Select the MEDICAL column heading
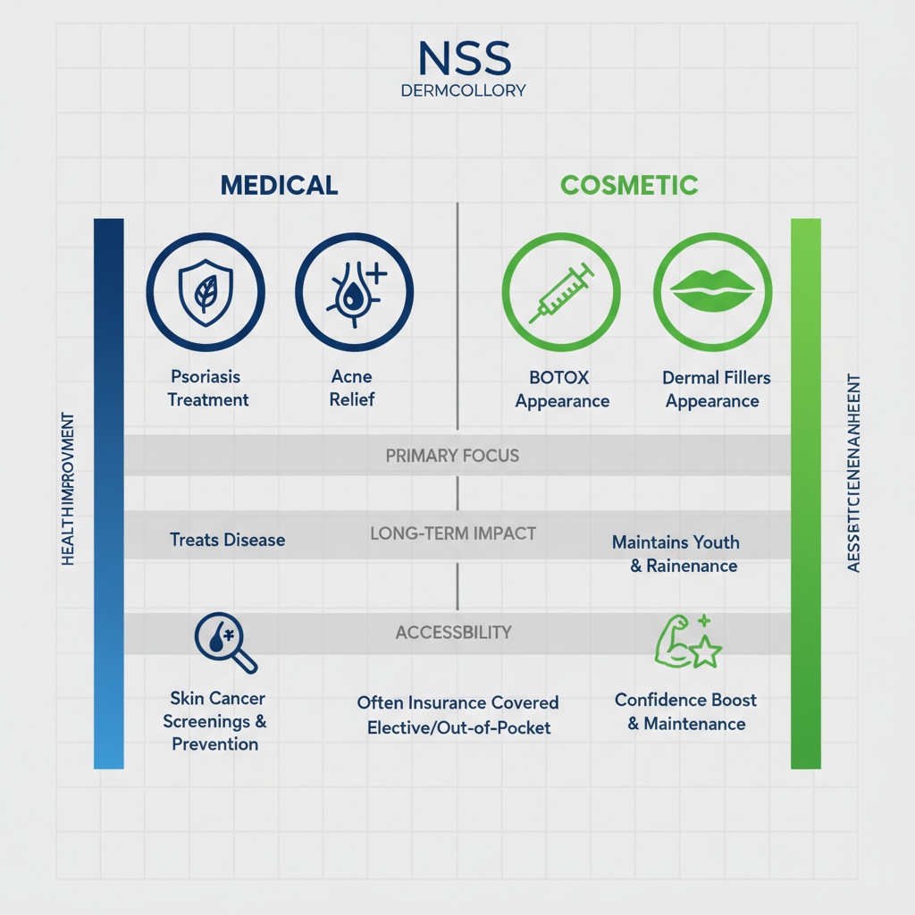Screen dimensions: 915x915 [279, 185]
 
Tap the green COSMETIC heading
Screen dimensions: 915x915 [629, 185]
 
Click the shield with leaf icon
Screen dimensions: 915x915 [206, 293]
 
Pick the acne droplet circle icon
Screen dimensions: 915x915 [355, 293]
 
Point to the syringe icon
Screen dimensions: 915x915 [561, 293]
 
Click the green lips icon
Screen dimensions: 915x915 [712, 293]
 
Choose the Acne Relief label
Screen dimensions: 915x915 [352, 388]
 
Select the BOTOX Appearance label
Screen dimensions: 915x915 [562, 390]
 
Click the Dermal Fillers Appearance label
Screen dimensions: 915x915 [715, 390]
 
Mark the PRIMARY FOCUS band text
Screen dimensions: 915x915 [452, 456]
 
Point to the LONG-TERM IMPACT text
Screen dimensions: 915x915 [453, 534]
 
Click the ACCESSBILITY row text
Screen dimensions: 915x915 [453, 633]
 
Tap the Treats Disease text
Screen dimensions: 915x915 [228, 540]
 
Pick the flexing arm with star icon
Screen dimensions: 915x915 [687, 642]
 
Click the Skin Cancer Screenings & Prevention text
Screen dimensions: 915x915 [217, 721]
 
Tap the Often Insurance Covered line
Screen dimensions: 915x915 [457, 703]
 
